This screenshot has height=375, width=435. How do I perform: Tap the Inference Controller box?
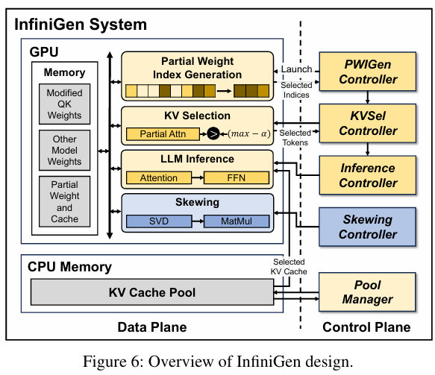pyautogui.click(x=366, y=175)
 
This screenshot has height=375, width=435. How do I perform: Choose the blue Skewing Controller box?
pyautogui.click(x=366, y=226)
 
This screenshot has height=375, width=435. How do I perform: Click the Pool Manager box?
pyautogui.click(x=366, y=292)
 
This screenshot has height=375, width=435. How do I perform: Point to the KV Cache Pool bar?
pyautogui.click(x=151, y=292)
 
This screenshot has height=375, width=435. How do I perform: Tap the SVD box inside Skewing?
pyautogui.click(x=157, y=221)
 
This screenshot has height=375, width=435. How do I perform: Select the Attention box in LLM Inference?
pyautogui.click(x=158, y=178)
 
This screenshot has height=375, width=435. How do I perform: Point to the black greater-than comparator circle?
pyautogui.click(x=213, y=134)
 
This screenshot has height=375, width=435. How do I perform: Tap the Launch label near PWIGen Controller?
pyautogui.click(x=296, y=69)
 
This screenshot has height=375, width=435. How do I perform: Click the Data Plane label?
pyautogui.click(x=152, y=327)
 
